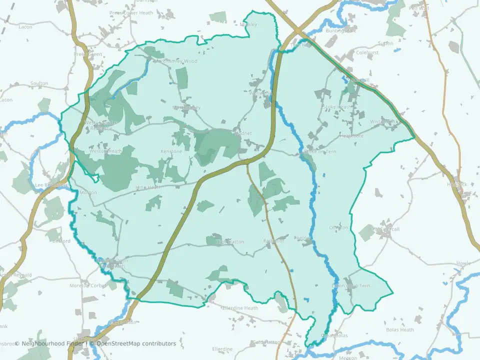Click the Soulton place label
pyautogui.click(x=39, y=83)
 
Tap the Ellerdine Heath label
pyautogui.click(x=240, y=308)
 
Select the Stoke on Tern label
pyautogui.click(x=320, y=151)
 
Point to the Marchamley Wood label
pyautogui.click(x=176, y=61)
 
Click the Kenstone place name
pyautogui.click(x=171, y=151)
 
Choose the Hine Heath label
pyautogui.click(x=148, y=187)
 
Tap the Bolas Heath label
pyautogui.click(x=400, y=329)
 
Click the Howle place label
pyautogui.click(x=463, y=263)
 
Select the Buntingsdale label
pyautogui.click(x=340, y=30)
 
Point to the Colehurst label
pyautogui.click(x=367, y=52)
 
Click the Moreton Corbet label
pyautogui.click(x=88, y=285)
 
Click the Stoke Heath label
pyautogui.click(x=337, y=107)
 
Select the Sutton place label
pyautogui.click(x=386, y=43)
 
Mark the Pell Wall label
pyautogui.click(x=419, y=8)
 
